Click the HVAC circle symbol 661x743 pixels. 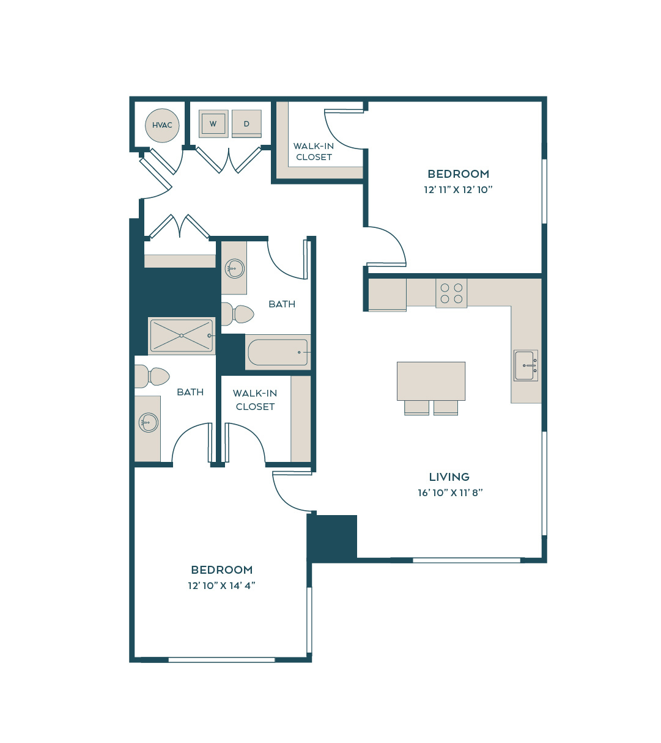(x=162, y=125)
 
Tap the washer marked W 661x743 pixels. (x=213, y=123)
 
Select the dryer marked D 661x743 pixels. (x=246, y=123)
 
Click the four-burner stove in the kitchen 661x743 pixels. (x=451, y=293)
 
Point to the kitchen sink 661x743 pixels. (x=526, y=365)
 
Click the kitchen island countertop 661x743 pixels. (x=431, y=381)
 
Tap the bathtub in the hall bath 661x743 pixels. (x=278, y=352)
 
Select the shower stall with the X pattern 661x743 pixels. (x=182, y=335)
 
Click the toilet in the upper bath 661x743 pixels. (x=238, y=314)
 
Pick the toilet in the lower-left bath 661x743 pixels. (x=152, y=376)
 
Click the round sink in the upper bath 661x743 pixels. (x=235, y=268)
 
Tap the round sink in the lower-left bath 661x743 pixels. (x=148, y=422)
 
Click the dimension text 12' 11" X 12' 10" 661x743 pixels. (x=458, y=189)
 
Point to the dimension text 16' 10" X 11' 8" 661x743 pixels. (x=450, y=492)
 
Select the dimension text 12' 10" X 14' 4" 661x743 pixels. (x=221, y=586)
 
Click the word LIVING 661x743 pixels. (x=449, y=477)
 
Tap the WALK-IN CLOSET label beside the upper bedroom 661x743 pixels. (x=314, y=152)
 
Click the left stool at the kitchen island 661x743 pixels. (x=416, y=408)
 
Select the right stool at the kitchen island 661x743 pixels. (x=446, y=408)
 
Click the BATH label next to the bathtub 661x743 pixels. (x=282, y=304)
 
